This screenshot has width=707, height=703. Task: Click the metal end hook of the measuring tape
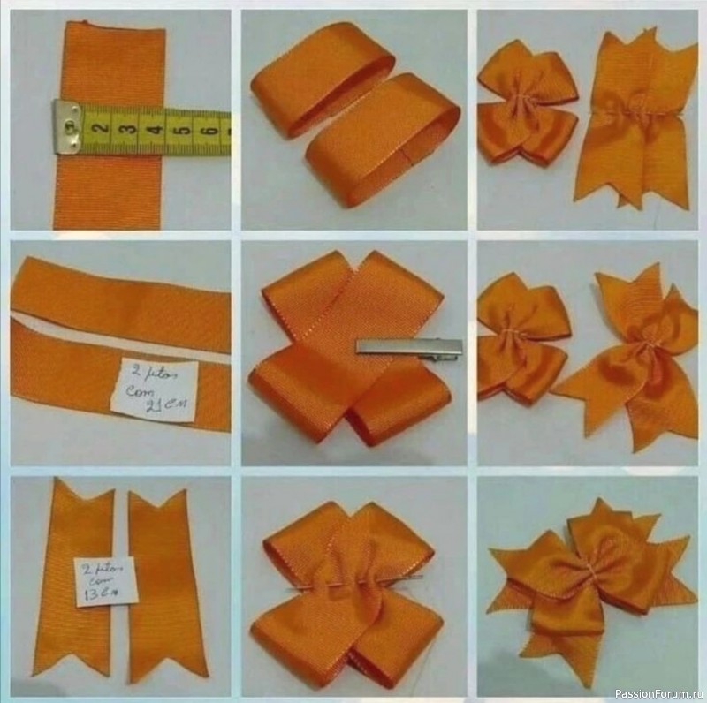point(66,124)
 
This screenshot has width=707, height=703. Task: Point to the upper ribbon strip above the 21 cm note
point(119,291)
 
